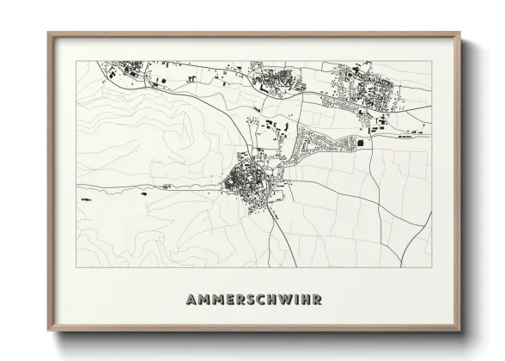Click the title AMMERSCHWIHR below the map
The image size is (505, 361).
(252, 300)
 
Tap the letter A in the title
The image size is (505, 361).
(191, 300)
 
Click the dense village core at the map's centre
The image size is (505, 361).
(250, 182)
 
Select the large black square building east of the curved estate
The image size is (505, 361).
(361, 142)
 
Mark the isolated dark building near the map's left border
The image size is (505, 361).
(85, 199)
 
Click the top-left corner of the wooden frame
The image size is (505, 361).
(48, 34)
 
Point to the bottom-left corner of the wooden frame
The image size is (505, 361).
(48, 331)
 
